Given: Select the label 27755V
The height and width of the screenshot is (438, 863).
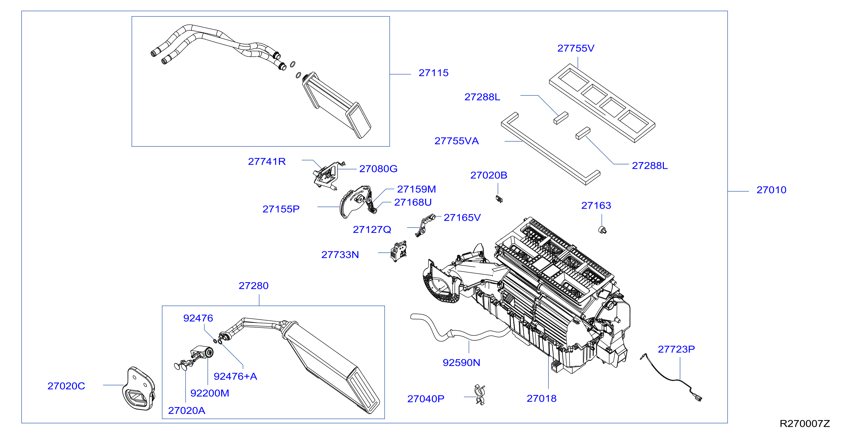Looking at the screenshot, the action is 576,48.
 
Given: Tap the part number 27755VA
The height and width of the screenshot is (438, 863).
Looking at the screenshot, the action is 457,141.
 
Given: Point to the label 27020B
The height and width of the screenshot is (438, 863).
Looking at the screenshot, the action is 489,175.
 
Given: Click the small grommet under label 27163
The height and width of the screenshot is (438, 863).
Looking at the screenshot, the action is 602,230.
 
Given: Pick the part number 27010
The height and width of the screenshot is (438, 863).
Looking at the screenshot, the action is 772,190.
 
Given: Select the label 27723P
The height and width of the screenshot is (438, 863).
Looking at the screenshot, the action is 677,349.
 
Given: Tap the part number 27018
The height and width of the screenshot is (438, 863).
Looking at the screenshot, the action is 542,398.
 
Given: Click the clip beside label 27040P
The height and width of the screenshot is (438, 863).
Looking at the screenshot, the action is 480,395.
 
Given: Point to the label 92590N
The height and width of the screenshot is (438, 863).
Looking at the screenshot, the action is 462,363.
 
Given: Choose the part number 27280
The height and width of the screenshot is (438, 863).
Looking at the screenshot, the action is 254,286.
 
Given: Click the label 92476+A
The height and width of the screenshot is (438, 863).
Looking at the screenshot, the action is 235,376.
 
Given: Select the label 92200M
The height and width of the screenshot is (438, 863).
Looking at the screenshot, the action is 210,393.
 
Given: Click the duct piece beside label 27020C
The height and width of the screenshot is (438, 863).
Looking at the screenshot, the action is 138,389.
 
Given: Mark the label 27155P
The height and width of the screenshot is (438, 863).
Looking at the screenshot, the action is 281,209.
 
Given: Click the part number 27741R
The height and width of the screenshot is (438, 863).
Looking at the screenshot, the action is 267,161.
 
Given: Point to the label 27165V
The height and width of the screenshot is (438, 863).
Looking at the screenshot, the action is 462,218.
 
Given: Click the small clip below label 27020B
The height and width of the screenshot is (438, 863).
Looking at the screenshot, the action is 499,199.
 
